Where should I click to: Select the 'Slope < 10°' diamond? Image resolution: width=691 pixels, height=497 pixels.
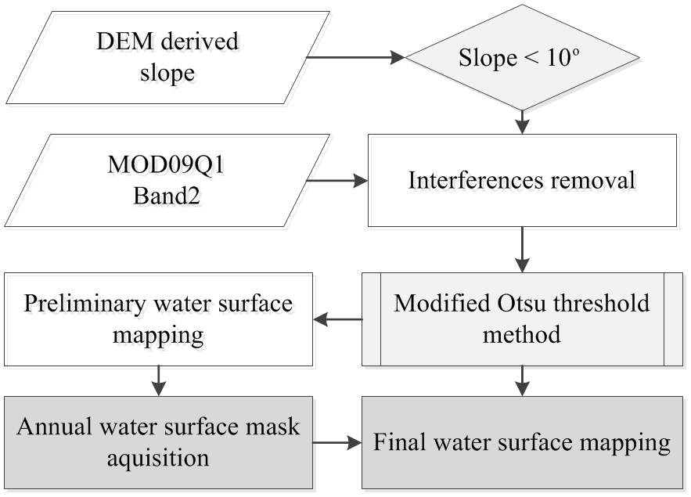click(522, 58)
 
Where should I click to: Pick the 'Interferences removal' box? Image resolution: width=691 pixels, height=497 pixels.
click(522, 181)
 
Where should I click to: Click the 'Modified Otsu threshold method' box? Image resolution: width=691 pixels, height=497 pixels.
click(522, 319)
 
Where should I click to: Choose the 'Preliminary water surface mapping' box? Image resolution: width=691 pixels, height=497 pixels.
click(158, 319)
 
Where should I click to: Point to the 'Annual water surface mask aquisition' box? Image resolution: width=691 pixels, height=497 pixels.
click(158, 443)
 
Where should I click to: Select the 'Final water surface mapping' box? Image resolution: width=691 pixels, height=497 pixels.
click(522, 443)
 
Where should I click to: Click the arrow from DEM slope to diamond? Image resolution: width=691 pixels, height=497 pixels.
click(356, 57)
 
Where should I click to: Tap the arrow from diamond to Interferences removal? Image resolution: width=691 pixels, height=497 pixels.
click(522, 121)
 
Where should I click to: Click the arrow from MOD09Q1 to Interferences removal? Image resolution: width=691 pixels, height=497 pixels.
click(337, 181)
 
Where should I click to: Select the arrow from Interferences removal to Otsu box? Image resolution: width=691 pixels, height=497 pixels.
click(522, 250)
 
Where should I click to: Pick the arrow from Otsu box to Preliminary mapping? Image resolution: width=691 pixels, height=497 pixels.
click(337, 319)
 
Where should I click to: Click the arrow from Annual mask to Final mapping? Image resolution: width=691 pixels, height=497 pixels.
click(337, 443)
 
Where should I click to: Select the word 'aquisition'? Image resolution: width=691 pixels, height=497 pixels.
click(158, 458)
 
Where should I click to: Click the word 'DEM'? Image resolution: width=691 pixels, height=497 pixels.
click(116, 41)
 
